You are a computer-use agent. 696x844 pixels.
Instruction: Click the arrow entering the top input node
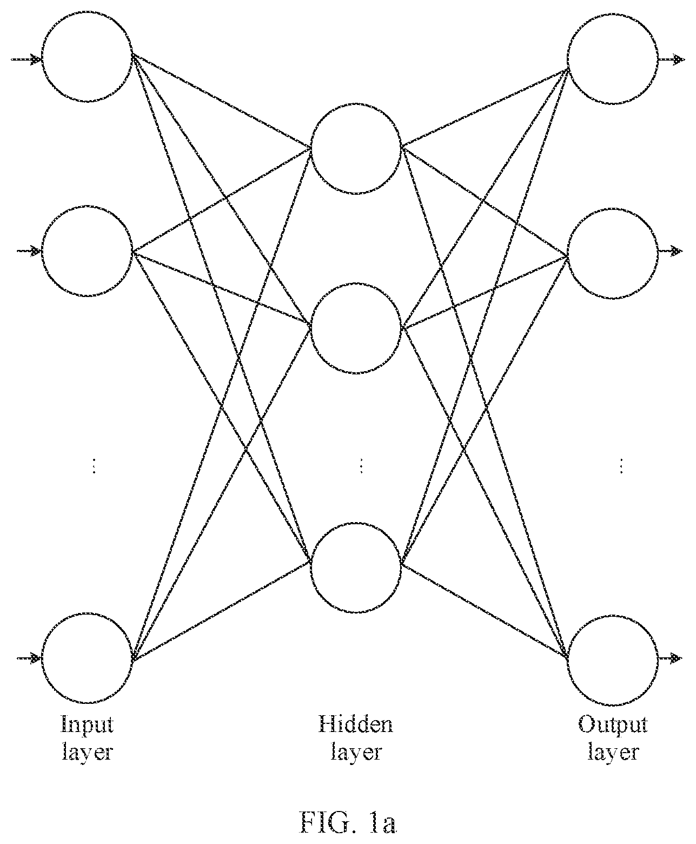point(26,60)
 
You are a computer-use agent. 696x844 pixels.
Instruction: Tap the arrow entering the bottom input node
point(29,658)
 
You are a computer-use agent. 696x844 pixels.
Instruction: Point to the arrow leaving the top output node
point(672,60)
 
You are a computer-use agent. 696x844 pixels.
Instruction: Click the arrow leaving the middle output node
point(671,252)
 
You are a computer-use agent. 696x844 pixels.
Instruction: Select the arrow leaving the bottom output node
point(671,658)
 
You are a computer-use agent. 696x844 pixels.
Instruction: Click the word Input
point(87,727)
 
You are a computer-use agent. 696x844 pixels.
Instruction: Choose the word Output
point(613,727)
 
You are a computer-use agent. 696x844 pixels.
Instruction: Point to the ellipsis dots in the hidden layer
point(361,466)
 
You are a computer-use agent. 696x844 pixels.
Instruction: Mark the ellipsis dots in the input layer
point(94,466)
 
